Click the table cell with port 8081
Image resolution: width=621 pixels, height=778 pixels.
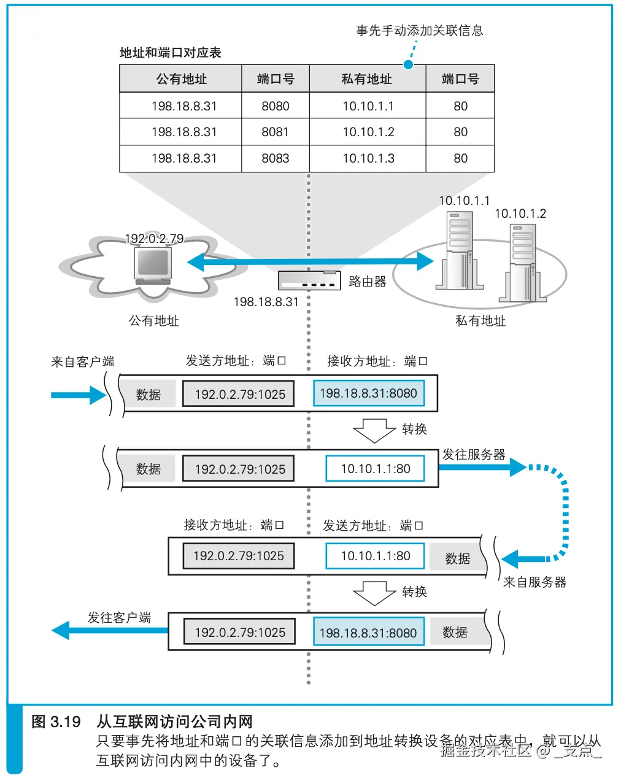[276, 132]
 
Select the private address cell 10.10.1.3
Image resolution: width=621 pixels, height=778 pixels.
[368, 158]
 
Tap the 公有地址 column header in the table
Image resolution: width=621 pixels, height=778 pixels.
[181, 79]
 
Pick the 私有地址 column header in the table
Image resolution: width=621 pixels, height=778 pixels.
[368, 79]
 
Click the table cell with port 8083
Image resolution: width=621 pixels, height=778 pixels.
[276, 158]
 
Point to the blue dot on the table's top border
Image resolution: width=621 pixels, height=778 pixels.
[408, 64]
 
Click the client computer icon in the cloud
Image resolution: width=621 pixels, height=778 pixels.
[153, 265]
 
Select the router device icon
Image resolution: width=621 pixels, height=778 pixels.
[309, 280]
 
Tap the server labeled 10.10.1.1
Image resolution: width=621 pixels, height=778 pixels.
[460, 250]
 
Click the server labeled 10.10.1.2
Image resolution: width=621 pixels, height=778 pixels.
[523, 263]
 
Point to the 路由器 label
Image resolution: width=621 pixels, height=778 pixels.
[368, 281]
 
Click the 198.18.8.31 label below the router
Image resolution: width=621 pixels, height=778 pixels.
[266, 302]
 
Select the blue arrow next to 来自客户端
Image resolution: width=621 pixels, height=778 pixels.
[79, 395]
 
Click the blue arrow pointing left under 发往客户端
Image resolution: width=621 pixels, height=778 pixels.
[110, 630]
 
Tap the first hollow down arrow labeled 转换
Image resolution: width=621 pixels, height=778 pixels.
[375, 431]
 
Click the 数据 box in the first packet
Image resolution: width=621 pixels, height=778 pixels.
[148, 395]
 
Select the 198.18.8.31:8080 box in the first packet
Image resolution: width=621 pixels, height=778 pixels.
[369, 393]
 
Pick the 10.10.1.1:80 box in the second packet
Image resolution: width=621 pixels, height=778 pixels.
[375, 469]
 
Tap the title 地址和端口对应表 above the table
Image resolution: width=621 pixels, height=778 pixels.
[171, 53]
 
